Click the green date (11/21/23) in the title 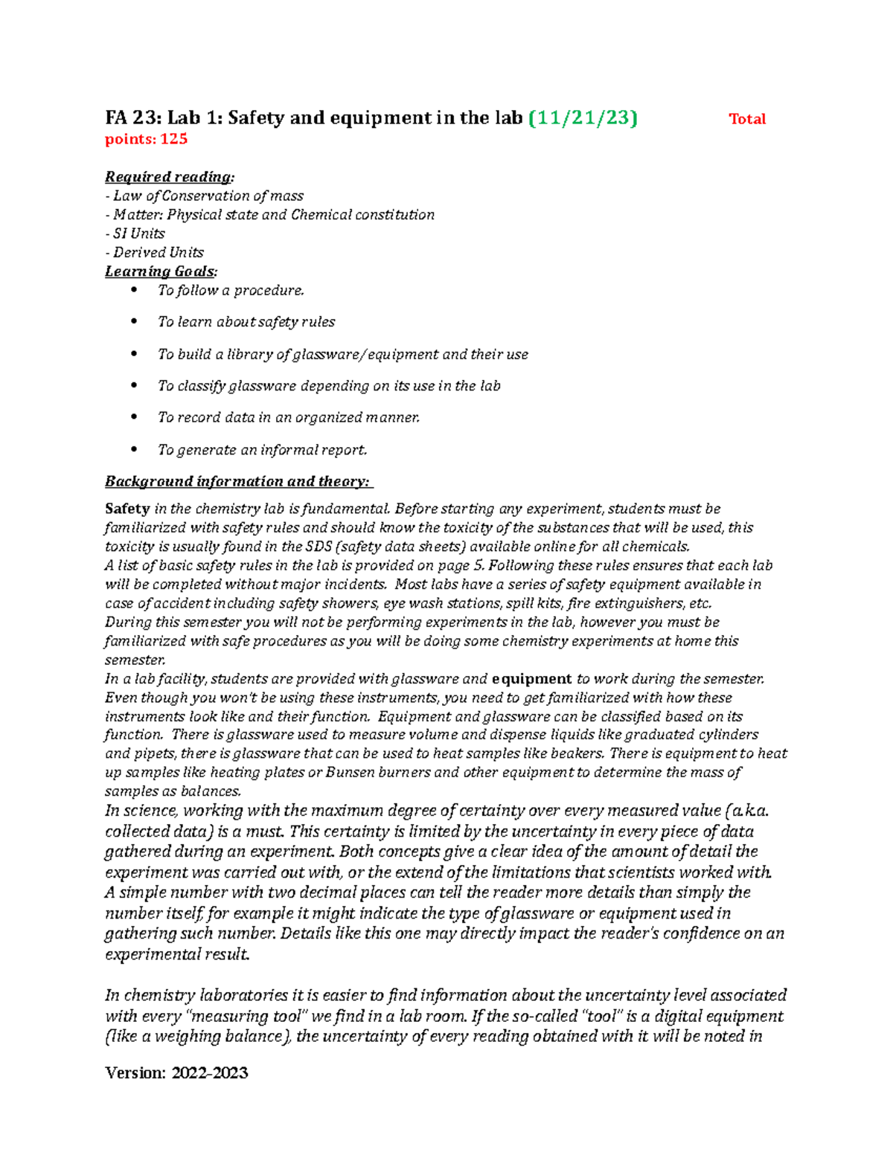point(583,118)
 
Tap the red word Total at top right point(747,119)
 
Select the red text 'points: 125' point(146,139)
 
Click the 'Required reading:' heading point(170,177)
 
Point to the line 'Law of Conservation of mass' point(208,196)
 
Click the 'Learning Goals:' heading point(161,271)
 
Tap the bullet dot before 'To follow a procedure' point(134,290)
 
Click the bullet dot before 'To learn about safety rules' point(134,321)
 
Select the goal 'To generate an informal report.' point(262,450)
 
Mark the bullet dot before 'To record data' point(134,417)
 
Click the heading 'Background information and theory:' point(237,482)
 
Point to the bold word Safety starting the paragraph point(127,509)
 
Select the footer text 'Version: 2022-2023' point(176,1072)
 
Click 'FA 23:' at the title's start point(132,118)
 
